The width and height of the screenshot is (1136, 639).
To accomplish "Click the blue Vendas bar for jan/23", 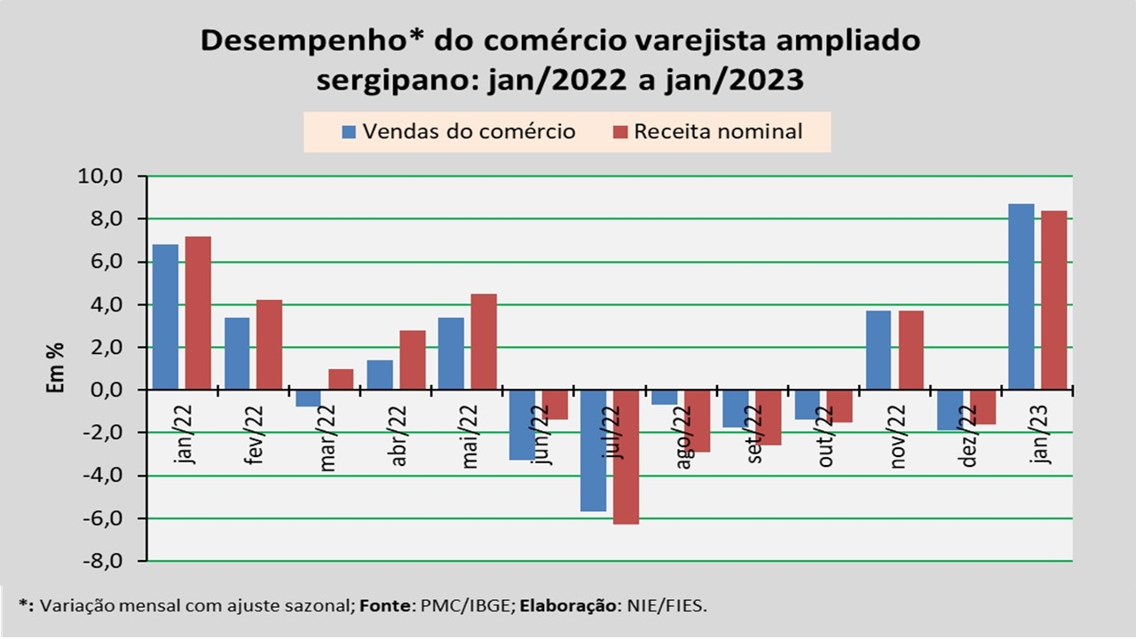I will pyautogui.click(x=1022, y=296).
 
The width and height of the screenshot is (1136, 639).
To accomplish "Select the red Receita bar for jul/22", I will pyautogui.click(x=626, y=457).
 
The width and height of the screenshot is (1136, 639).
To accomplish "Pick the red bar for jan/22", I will pyautogui.click(x=198, y=312).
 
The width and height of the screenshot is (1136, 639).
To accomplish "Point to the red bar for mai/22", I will pyautogui.click(x=483, y=342).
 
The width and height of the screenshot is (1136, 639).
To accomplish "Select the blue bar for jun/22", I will pyautogui.click(x=521, y=425).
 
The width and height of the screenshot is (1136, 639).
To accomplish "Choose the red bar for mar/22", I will pyautogui.click(x=341, y=379).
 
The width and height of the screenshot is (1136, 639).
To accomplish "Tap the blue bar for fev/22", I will pyautogui.click(x=237, y=353).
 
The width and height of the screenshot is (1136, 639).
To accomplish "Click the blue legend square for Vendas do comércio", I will pyautogui.click(x=349, y=132).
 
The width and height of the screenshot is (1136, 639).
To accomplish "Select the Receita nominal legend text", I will pyautogui.click(x=718, y=131).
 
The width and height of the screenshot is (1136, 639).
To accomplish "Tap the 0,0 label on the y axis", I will pyautogui.click(x=107, y=390).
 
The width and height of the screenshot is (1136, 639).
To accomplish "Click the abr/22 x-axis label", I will pyautogui.click(x=398, y=436).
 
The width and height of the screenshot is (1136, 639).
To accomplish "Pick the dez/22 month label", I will pyautogui.click(x=968, y=436).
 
